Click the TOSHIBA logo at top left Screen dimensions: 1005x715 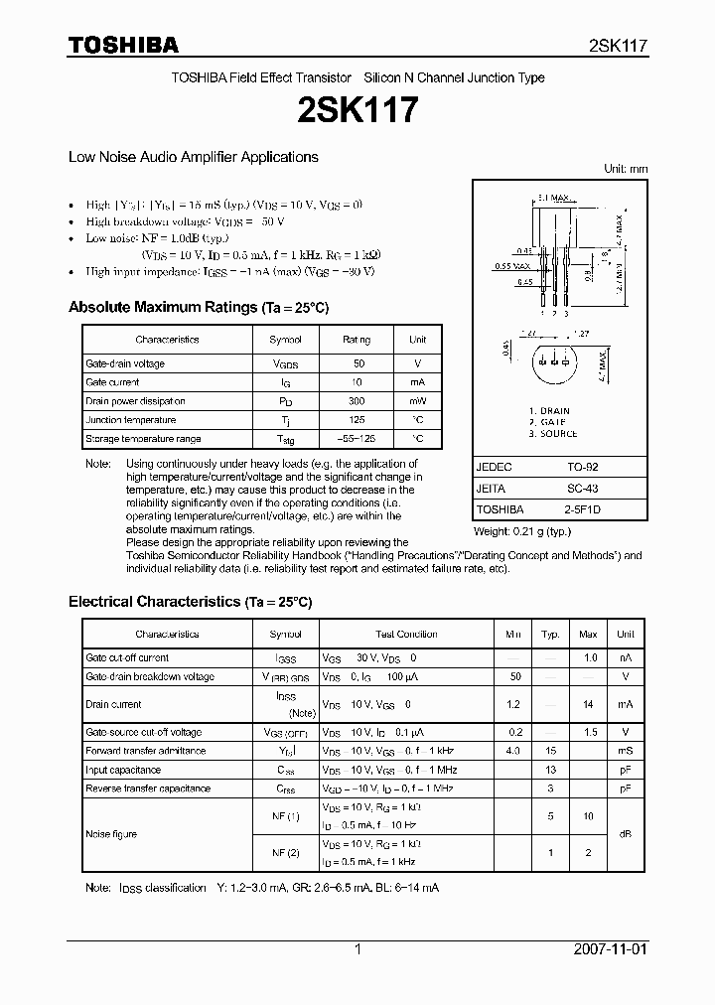123,46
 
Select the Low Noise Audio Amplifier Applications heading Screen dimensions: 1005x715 193,157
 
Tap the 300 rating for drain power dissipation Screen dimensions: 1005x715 357,401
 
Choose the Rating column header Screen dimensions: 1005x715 357,340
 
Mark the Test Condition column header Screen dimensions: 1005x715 406,634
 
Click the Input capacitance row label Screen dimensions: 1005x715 123,770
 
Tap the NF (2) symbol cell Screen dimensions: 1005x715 286,853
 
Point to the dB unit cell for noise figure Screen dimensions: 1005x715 625,834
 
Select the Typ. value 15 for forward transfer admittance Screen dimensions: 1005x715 550,751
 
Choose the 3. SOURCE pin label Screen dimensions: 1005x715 553,434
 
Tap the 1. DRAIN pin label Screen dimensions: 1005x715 549,410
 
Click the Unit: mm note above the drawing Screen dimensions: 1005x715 626,169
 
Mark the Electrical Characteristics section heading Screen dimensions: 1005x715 190,602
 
